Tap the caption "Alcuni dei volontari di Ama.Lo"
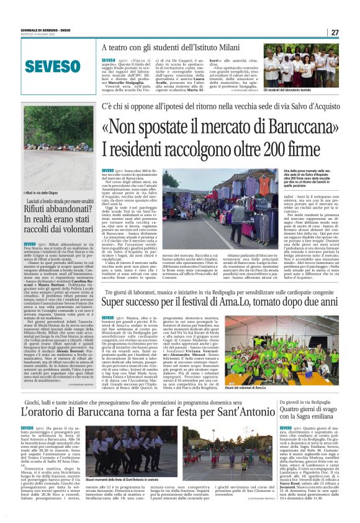(x=301, y=388)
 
